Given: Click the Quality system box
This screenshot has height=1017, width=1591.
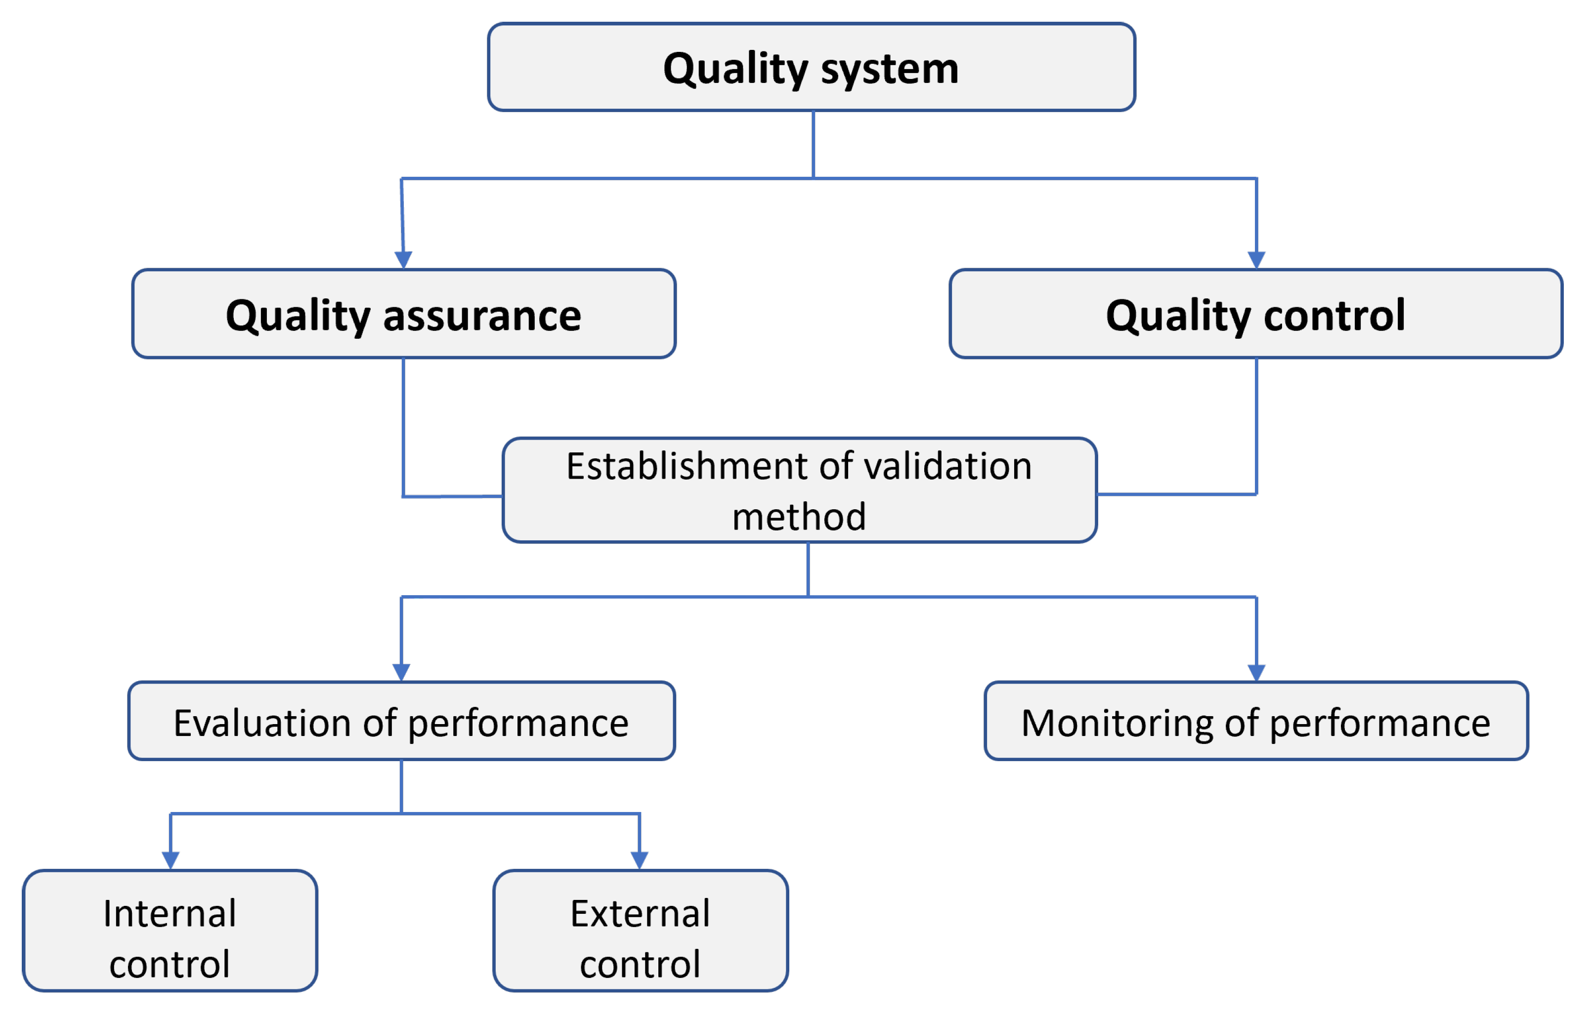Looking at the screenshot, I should point(812,67).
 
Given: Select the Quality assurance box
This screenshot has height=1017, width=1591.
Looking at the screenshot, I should point(404,314).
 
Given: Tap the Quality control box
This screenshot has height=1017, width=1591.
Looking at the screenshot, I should point(1255,314).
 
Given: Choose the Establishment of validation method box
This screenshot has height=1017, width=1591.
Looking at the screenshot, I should point(800,490).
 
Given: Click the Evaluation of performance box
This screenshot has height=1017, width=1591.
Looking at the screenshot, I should point(401,721).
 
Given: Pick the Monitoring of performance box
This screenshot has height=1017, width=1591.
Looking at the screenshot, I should point(1255,721).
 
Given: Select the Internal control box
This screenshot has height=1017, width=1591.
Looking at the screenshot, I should point(170,931).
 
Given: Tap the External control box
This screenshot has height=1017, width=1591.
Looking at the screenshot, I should point(640,931).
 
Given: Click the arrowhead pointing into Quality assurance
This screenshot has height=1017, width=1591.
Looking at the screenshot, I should point(404,259).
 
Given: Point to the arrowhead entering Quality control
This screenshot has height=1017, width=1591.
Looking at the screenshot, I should point(1256,259).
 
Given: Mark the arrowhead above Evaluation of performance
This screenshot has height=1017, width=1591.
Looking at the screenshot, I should point(401,672).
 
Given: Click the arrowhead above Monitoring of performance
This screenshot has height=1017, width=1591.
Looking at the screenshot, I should point(1256,672).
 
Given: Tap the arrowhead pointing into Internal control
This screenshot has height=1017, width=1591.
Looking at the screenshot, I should point(171,860).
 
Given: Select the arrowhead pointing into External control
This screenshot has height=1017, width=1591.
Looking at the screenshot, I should point(639,860).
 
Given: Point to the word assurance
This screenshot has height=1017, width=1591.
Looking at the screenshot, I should point(482,316).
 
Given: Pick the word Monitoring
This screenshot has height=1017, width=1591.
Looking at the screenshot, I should point(1117,723).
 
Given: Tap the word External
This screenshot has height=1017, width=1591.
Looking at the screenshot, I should point(640,914).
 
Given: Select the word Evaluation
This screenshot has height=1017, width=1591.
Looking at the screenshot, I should point(261,723).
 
